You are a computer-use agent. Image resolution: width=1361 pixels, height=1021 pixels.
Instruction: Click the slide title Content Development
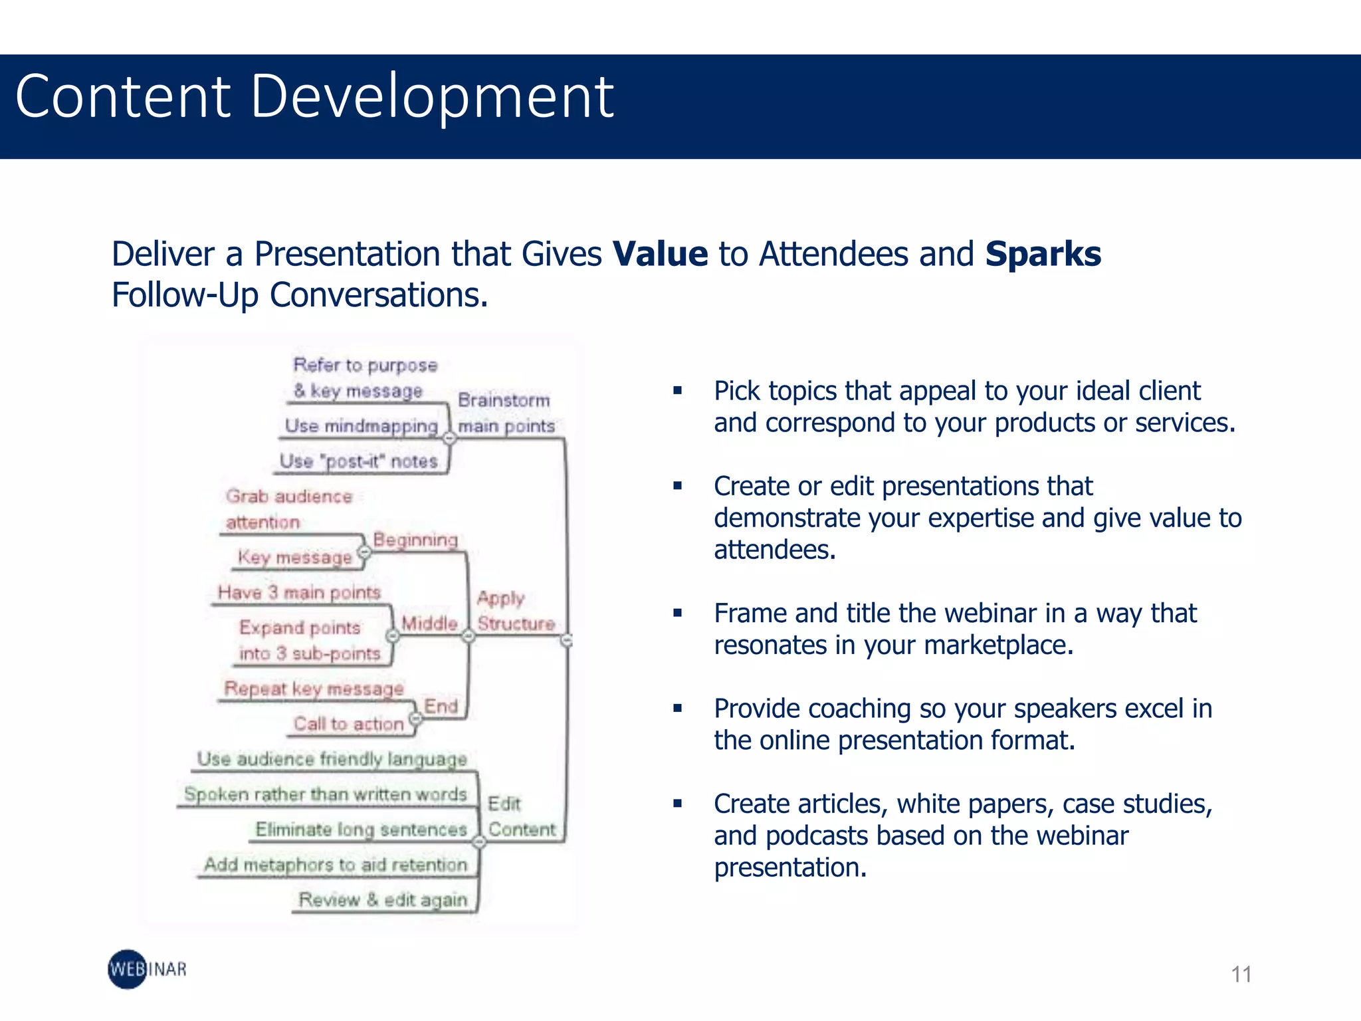click(314, 97)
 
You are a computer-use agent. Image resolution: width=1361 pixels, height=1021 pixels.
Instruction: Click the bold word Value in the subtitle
click(660, 255)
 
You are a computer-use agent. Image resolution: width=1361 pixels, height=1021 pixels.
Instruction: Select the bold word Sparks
click(1043, 255)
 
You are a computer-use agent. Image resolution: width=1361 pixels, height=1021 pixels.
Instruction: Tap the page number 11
click(1241, 974)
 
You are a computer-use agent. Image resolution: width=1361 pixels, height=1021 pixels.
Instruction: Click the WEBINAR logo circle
click(128, 969)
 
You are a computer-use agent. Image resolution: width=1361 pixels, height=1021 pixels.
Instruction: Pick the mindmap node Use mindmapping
click(361, 425)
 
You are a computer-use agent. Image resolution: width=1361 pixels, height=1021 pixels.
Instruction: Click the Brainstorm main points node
click(505, 413)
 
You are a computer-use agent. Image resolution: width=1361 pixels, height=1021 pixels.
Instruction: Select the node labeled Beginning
click(415, 540)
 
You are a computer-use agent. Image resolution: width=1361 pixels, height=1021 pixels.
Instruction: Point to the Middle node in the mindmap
click(429, 624)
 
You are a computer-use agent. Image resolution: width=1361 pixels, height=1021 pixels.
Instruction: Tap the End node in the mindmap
click(441, 706)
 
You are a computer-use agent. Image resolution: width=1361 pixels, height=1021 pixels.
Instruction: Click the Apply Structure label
click(515, 611)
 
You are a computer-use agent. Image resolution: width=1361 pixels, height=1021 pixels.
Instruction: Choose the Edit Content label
click(521, 816)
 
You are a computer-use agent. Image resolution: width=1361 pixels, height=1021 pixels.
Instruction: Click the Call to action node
click(348, 723)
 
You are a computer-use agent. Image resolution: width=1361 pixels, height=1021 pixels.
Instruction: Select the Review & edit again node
click(383, 899)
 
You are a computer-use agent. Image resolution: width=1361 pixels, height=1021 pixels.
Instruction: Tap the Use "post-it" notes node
click(358, 461)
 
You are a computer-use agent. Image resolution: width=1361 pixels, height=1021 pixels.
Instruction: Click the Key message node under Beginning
click(294, 557)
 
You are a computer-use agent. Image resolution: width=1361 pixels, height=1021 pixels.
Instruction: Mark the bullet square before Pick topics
click(677, 391)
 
